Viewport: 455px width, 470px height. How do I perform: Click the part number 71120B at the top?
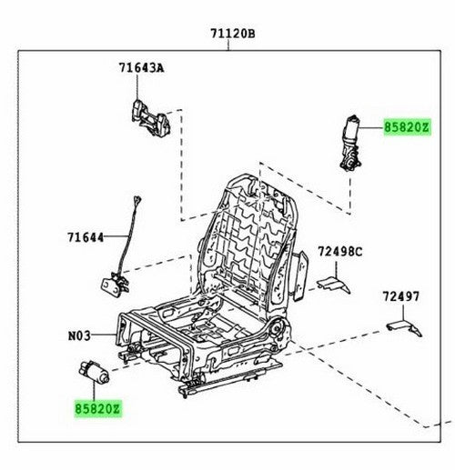click(x=233, y=34)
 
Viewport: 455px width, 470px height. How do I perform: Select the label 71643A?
click(x=141, y=68)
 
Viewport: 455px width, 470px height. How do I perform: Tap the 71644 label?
click(x=86, y=237)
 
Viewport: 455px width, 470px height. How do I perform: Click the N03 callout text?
click(x=79, y=335)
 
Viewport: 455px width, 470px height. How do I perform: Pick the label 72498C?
click(x=340, y=252)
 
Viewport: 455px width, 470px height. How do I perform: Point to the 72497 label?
click(x=401, y=296)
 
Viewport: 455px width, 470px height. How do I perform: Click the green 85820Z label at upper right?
click(x=407, y=127)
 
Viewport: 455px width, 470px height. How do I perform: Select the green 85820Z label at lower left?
click(x=98, y=409)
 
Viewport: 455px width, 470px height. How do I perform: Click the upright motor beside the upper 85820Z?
click(x=350, y=143)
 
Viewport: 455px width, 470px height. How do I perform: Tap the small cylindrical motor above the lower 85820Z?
click(x=94, y=372)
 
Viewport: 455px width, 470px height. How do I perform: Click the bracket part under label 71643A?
click(x=151, y=117)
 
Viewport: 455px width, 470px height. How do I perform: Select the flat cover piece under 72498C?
click(x=334, y=285)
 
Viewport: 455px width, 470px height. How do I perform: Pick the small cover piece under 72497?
click(x=404, y=328)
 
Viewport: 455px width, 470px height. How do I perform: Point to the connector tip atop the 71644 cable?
click(x=137, y=200)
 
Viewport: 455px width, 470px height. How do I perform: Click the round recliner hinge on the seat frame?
click(x=277, y=329)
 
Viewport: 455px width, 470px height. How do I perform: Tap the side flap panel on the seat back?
click(x=300, y=275)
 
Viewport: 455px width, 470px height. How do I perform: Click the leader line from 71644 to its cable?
click(x=116, y=236)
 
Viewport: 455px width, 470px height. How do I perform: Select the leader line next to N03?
click(x=104, y=335)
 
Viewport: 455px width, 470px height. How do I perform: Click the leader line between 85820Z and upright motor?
click(x=372, y=128)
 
